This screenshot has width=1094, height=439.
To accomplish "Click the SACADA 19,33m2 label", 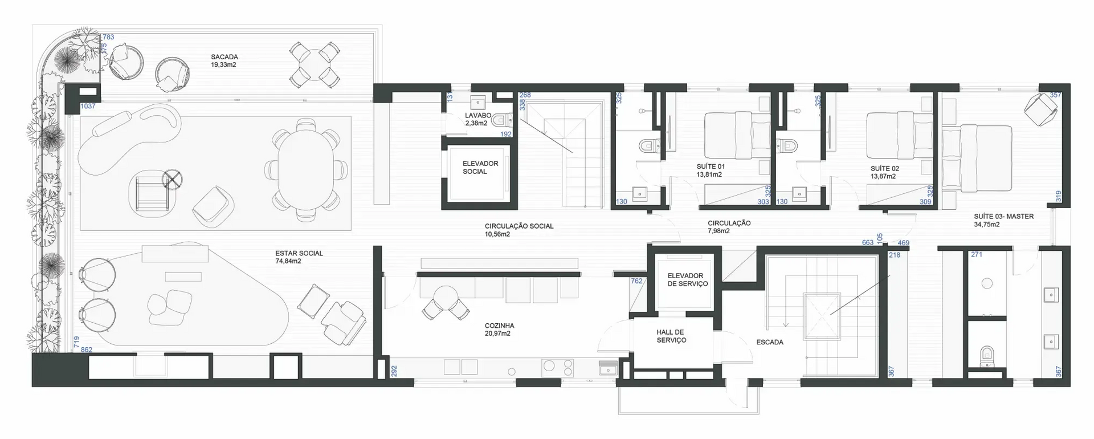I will (224, 61).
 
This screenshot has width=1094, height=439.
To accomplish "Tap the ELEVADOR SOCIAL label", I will (480, 168).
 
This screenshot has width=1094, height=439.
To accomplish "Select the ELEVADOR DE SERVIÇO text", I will (687, 279).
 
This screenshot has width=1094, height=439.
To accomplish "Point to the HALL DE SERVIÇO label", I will (671, 336).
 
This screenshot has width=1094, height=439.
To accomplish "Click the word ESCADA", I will (769, 343).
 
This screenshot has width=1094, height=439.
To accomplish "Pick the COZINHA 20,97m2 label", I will (499, 330).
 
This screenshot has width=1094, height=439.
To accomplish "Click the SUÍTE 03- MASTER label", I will (1003, 220).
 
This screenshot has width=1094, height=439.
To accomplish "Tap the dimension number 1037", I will (88, 107).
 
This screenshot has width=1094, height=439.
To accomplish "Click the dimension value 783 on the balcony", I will (108, 37).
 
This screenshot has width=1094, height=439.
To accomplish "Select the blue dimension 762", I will (636, 281).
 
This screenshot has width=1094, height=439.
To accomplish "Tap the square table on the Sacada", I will (315, 64).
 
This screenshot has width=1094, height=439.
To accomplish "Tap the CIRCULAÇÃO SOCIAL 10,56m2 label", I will (519, 230).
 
